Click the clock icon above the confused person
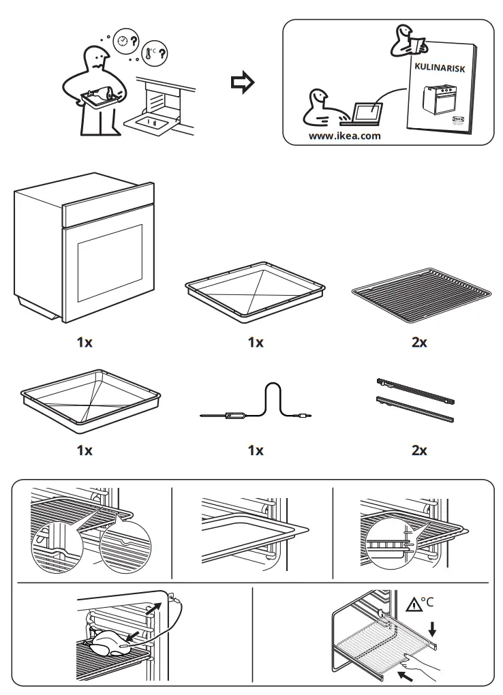(122, 40)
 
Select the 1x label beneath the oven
(84, 343)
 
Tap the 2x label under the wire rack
(420, 343)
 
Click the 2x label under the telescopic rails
(420, 450)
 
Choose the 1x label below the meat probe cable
(255, 450)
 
